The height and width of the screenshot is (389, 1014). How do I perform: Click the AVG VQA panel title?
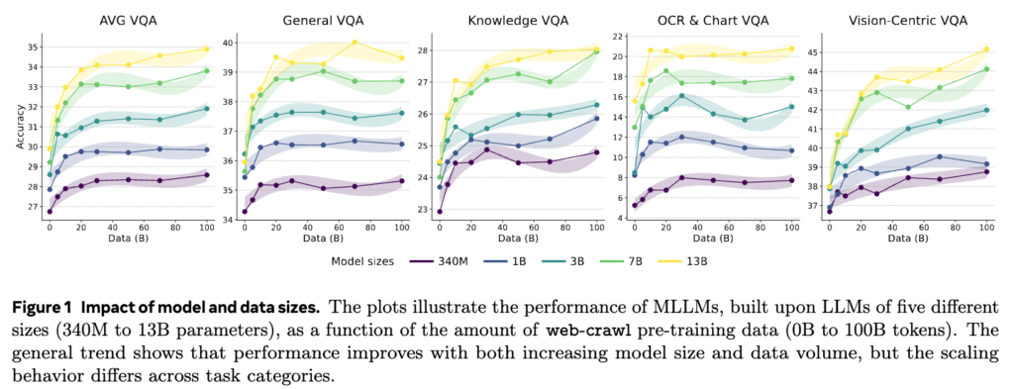point(129,20)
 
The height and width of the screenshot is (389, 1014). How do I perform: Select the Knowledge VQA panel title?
point(519,20)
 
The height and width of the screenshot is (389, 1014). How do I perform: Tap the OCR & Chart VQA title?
point(713,20)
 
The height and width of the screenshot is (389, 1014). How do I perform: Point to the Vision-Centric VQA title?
point(908,20)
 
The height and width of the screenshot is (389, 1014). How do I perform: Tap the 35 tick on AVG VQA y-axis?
point(33,48)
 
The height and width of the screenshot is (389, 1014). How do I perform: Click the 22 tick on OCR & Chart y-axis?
point(617,37)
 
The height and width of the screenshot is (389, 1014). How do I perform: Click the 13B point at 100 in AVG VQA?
point(207,49)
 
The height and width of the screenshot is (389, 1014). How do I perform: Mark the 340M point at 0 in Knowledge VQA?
point(440,211)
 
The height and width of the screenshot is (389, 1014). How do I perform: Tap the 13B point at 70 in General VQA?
point(355,42)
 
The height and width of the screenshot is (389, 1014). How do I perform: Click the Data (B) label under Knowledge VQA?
point(517,238)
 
